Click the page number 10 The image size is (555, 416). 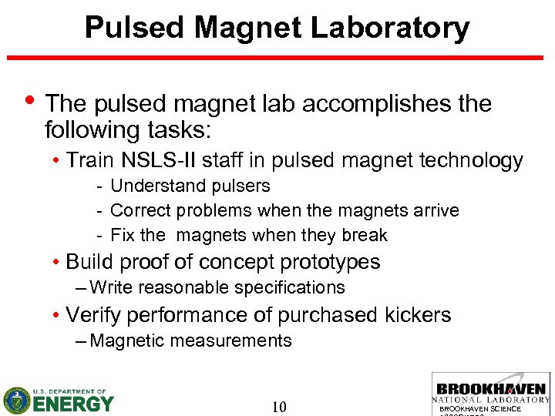280,406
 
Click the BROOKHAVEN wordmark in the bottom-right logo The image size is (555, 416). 491,389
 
